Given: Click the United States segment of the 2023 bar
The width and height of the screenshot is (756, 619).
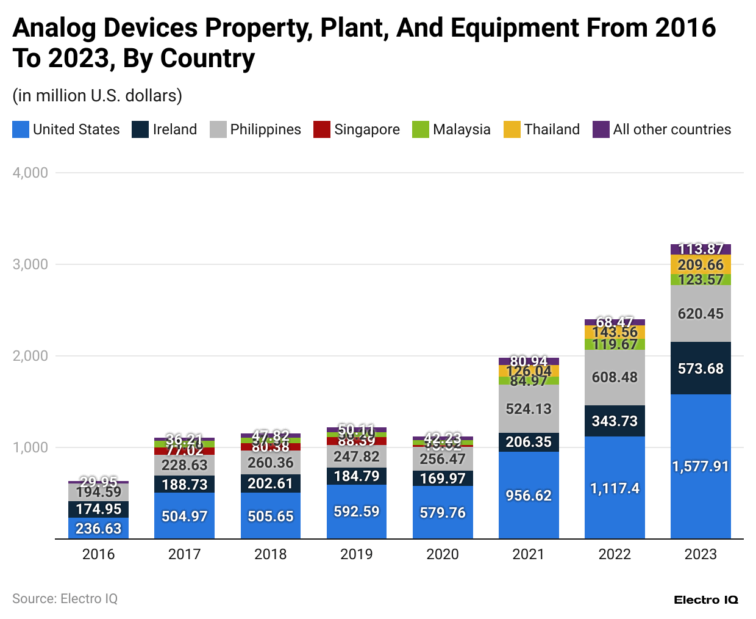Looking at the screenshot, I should (x=701, y=466).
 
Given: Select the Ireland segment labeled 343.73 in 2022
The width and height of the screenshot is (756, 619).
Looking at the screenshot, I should (x=615, y=421).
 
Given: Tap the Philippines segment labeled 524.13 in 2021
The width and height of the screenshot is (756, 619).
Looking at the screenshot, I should (x=529, y=408).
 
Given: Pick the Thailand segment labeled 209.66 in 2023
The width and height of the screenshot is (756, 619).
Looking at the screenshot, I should (x=701, y=265).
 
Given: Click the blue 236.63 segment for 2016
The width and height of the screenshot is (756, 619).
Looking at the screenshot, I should (x=99, y=529).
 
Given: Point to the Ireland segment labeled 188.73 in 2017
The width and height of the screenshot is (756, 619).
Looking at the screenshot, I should (x=184, y=485).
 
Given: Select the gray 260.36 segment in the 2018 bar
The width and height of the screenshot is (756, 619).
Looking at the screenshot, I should (x=271, y=463).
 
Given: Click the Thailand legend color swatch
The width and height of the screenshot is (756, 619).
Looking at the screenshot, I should (x=512, y=129).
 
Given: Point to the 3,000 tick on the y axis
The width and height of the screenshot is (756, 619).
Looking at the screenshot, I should (x=30, y=264).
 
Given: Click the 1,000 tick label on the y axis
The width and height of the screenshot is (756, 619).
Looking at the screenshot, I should (x=30, y=447).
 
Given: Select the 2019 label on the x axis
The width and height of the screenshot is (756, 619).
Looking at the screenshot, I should (x=357, y=554).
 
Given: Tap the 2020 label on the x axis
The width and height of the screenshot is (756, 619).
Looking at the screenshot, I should (x=443, y=554).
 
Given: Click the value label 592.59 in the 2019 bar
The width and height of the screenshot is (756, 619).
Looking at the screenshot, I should (x=357, y=512).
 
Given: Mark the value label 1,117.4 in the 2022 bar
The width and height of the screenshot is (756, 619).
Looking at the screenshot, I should (x=615, y=488).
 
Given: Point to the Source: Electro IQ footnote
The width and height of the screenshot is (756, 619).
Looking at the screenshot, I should (x=65, y=599).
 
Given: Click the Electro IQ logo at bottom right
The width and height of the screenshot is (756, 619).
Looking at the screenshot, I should (x=706, y=600).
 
